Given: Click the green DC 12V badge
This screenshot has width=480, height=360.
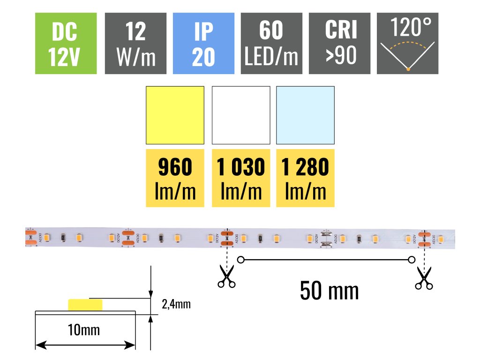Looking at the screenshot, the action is pyautogui.click(x=66, y=44).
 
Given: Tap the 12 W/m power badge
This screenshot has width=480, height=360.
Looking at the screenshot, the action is pyautogui.click(x=135, y=44).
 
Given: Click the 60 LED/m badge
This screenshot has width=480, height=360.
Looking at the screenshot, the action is pyautogui.click(x=271, y=44).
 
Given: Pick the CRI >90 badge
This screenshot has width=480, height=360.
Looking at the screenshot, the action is pyautogui.click(x=340, y=44).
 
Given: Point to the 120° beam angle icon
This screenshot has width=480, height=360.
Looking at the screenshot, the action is pyautogui.click(x=408, y=44).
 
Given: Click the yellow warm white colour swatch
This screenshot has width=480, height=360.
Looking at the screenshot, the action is pyautogui.click(x=175, y=115).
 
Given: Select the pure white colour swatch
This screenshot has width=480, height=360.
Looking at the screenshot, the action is pyautogui.click(x=241, y=115).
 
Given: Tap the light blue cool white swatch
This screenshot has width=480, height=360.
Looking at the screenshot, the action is pyautogui.click(x=305, y=115).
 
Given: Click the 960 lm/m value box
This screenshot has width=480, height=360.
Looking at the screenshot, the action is pyautogui.click(x=175, y=178).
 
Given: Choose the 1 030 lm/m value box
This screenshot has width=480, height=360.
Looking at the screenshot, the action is pyautogui.click(x=241, y=178).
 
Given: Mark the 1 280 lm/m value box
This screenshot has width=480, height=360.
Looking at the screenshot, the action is pyautogui.click(x=305, y=178).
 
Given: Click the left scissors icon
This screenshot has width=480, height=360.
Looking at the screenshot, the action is pyautogui.click(x=227, y=276).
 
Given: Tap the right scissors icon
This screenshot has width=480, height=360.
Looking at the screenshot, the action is pyautogui.click(x=424, y=277).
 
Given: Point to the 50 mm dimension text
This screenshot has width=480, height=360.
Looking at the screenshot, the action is pyautogui.click(x=330, y=291).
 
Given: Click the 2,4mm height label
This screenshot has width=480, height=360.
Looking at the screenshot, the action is pyautogui.click(x=176, y=304).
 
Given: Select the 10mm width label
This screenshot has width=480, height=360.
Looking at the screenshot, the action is pyautogui.click(x=84, y=330).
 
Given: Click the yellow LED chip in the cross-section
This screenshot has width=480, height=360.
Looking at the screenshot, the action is pyautogui.click(x=85, y=305).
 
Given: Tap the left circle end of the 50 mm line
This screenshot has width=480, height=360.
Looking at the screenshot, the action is pyautogui.click(x=241, y=259).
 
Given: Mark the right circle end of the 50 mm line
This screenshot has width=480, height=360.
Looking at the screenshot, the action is pyautogui.click(x=412, y=259).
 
